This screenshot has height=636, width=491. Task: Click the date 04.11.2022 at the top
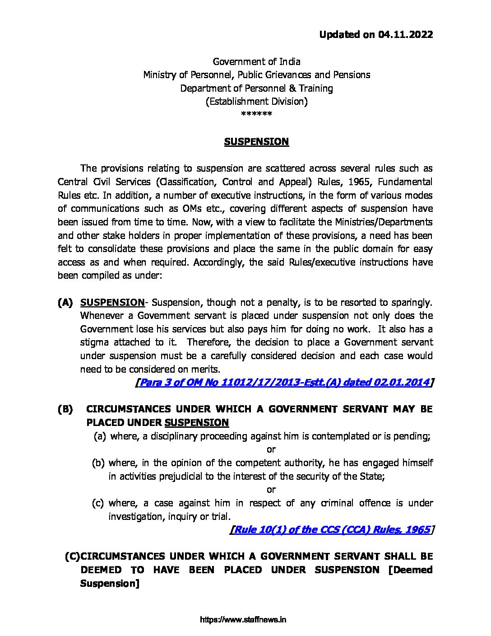click(405, 35)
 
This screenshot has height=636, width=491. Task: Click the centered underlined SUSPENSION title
click(256, 142)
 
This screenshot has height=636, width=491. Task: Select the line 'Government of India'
click(256, 61)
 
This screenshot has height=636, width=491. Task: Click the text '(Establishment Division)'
click(256, 102)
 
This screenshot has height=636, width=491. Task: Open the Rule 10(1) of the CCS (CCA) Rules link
click(332, 530)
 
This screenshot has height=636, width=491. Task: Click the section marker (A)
click(65, 303)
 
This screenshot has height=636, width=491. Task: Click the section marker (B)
click(65, 409)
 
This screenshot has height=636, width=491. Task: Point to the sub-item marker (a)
click(100, 436)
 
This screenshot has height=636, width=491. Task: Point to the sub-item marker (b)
click(98, 463)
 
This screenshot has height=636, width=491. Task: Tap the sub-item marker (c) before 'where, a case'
click(98, 503)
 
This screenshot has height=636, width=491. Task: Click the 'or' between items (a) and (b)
click(271, 449)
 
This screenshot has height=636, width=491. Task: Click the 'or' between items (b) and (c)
click(271, 490)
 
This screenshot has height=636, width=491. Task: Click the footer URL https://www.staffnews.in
click(243, 620)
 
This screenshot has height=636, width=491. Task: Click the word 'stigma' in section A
click(94, 342)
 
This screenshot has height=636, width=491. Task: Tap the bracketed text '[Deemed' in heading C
click(410, 570)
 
